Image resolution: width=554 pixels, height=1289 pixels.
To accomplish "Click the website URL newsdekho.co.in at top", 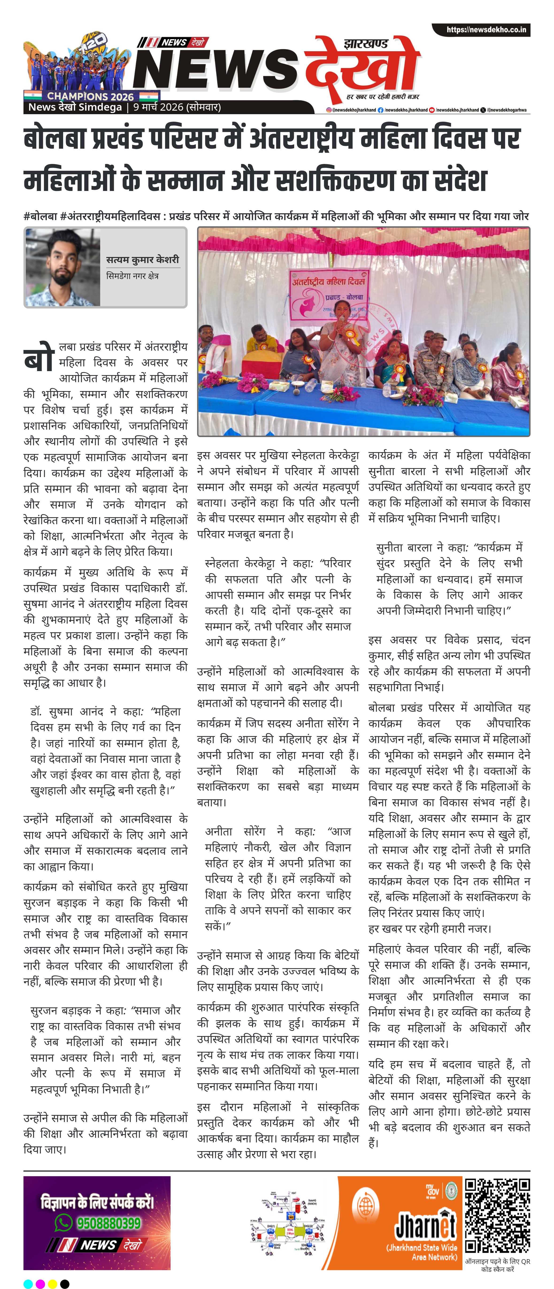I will coord(486,30).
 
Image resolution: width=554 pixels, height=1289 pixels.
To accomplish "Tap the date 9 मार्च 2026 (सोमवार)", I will coord(177,107).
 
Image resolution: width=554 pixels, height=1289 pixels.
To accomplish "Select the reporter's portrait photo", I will coord(62,268).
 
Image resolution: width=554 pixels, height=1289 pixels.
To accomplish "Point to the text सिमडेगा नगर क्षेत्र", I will coord(132,276).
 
